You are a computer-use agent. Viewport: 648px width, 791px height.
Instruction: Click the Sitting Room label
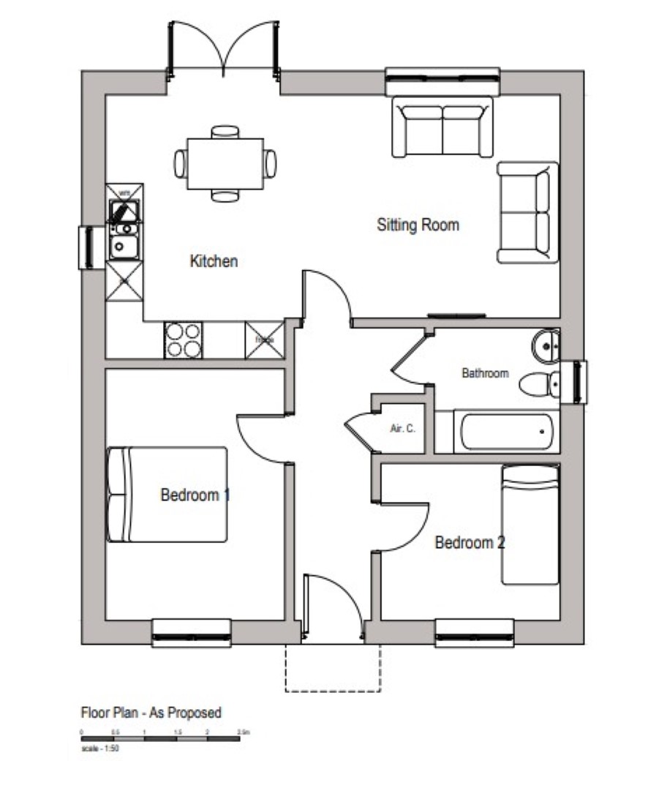pyautogui.click(x=418, y=225)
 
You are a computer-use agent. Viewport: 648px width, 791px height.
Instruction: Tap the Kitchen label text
pyautogui.click(x=214, y=261)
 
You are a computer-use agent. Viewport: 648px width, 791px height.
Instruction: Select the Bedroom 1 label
pyautogui.click(x=195, y=495)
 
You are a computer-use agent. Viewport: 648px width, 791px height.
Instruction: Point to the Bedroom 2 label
pyautogui.click(x=470, y=543)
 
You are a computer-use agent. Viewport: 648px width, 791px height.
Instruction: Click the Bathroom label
pyautogui.click(x=484, y=373)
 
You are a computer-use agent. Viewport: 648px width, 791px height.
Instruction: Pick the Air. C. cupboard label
pyautogui.click(x=402, y=428)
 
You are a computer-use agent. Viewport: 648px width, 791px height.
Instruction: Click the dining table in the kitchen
pyautogui.click(x=225, y=163)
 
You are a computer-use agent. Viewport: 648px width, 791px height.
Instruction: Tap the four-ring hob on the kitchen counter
pyautogui.click(x=183, y=340)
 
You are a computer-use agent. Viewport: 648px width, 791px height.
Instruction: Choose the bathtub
pyautogui.click(x=506, y=432)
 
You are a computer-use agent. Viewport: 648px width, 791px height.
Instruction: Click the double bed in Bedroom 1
pyautogui.click(x=167, y=495)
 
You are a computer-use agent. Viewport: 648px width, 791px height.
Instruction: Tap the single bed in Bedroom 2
pyautogui.click(x=530, y=525)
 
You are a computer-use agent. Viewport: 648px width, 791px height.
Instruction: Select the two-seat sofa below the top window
pyautogui.click(x=442, y=127)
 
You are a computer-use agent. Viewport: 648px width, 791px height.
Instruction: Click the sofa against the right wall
pyautogui.click(x=526, y=212)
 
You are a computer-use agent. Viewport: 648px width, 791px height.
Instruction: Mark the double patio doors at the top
pyautogui.click(x=223, y=48)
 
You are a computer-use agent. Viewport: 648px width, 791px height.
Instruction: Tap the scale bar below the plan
pyautogui.click(x=160, y=739)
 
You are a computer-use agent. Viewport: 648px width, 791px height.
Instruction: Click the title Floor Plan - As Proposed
pyautogui.click(x=150, y=712)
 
